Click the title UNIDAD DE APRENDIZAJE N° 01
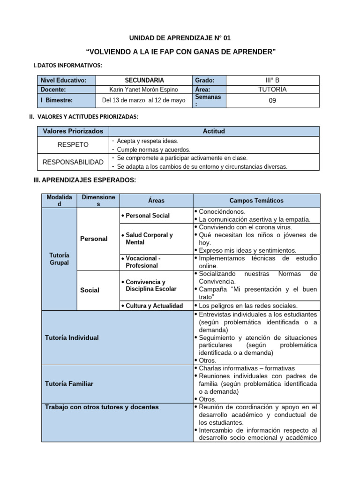click(x=180, y=38)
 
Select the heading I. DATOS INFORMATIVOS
click(x=67, y=65)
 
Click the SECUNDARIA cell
click(x=144, y=80)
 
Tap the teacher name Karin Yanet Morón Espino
click(x=144, y=90)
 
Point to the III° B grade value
click(x=272, y=80)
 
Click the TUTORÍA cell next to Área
click(x=272, y=90)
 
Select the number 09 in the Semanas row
click(x=272, y=100)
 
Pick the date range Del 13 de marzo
click(x=144, y=100)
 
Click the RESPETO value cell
click(x=73, y=144)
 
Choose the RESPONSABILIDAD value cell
click(x=73, y=162)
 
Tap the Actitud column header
click(x=214, y=131)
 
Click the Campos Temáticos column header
click(x=256, y=201)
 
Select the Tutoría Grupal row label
click(x=59, y=259)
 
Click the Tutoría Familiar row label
click(x=69, y=383)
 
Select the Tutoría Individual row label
click(x=72, y=337)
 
